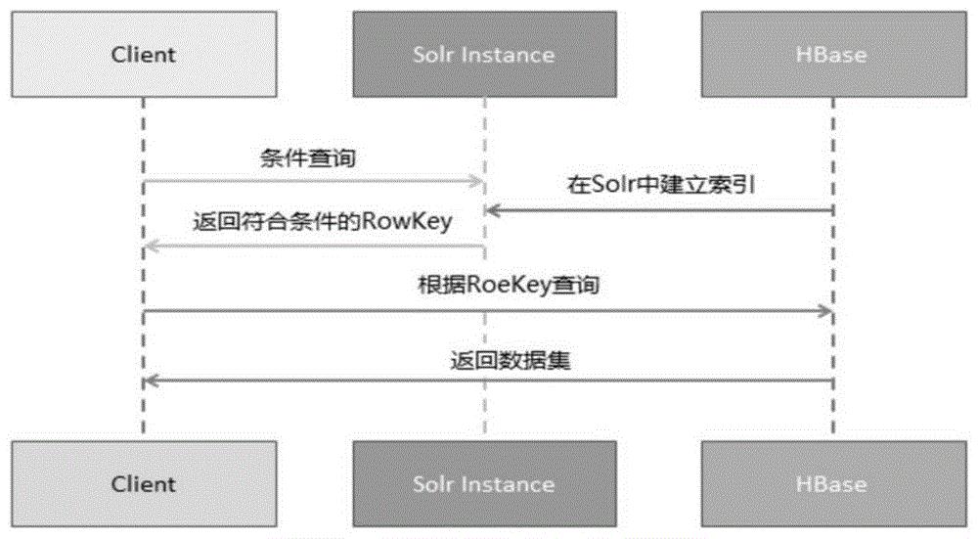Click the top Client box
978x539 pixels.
pyautogui.click(x=144, y=54)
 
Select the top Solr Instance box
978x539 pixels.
pyautogui.click(x=485, y=54)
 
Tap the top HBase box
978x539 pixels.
pyautogui.click(x=834, y=54)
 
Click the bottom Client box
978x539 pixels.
pyautogui.click(x=144, y=484)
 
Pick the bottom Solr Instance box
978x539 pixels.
pyautogui.click(x=485, y=484)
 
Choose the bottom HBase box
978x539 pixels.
pyautogui.click(x=834, y=484)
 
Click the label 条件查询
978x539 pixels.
pyautogui.click(x=308, y=157)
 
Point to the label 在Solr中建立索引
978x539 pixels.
pyautogui.click(x=661, y=185)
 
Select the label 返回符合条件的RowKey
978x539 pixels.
pyautogui.click(x=323, y=221)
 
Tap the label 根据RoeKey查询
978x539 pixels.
pyautogui.click(x=509, y=285)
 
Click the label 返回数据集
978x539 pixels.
pyautogui.click(x=511, y=361)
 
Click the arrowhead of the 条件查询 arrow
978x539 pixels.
pyautogui.click(x=478, y=182)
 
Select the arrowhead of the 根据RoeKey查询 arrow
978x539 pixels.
pyautogui.click(x=825, y=311)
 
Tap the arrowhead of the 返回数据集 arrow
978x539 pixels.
pyautogui.click(x=152, y=381)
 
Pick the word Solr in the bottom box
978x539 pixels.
pyautogui.click(x=434, y=484)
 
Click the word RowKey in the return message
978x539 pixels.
pyautogui.click(x=407, y=222)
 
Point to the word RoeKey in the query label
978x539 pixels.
pyautogui.click(x=509, y=285)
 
